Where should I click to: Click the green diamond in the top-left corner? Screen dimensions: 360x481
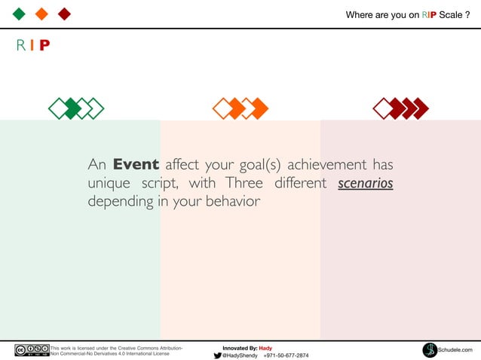19,13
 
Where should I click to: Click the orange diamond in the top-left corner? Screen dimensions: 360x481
41,13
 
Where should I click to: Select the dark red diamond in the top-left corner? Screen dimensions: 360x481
64,13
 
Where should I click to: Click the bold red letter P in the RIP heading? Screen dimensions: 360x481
45,45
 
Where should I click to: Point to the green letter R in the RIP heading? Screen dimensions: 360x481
20,45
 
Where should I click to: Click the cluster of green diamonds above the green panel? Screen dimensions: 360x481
75,108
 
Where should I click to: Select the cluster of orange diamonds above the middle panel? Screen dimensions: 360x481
240,108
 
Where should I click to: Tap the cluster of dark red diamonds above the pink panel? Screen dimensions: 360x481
400,108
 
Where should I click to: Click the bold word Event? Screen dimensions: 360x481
136,165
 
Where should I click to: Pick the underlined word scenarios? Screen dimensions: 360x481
366,183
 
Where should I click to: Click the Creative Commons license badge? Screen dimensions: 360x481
32,350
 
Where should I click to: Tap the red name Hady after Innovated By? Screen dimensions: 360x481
265,348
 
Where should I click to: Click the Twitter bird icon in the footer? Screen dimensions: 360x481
217,355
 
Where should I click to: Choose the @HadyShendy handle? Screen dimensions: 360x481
240,355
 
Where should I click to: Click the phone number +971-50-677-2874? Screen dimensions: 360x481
286,355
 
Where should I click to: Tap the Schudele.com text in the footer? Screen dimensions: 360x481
455,350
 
